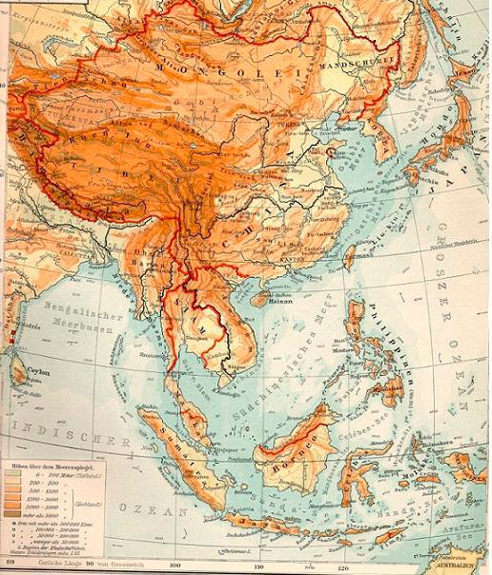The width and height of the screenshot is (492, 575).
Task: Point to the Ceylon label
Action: coord(38,372)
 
